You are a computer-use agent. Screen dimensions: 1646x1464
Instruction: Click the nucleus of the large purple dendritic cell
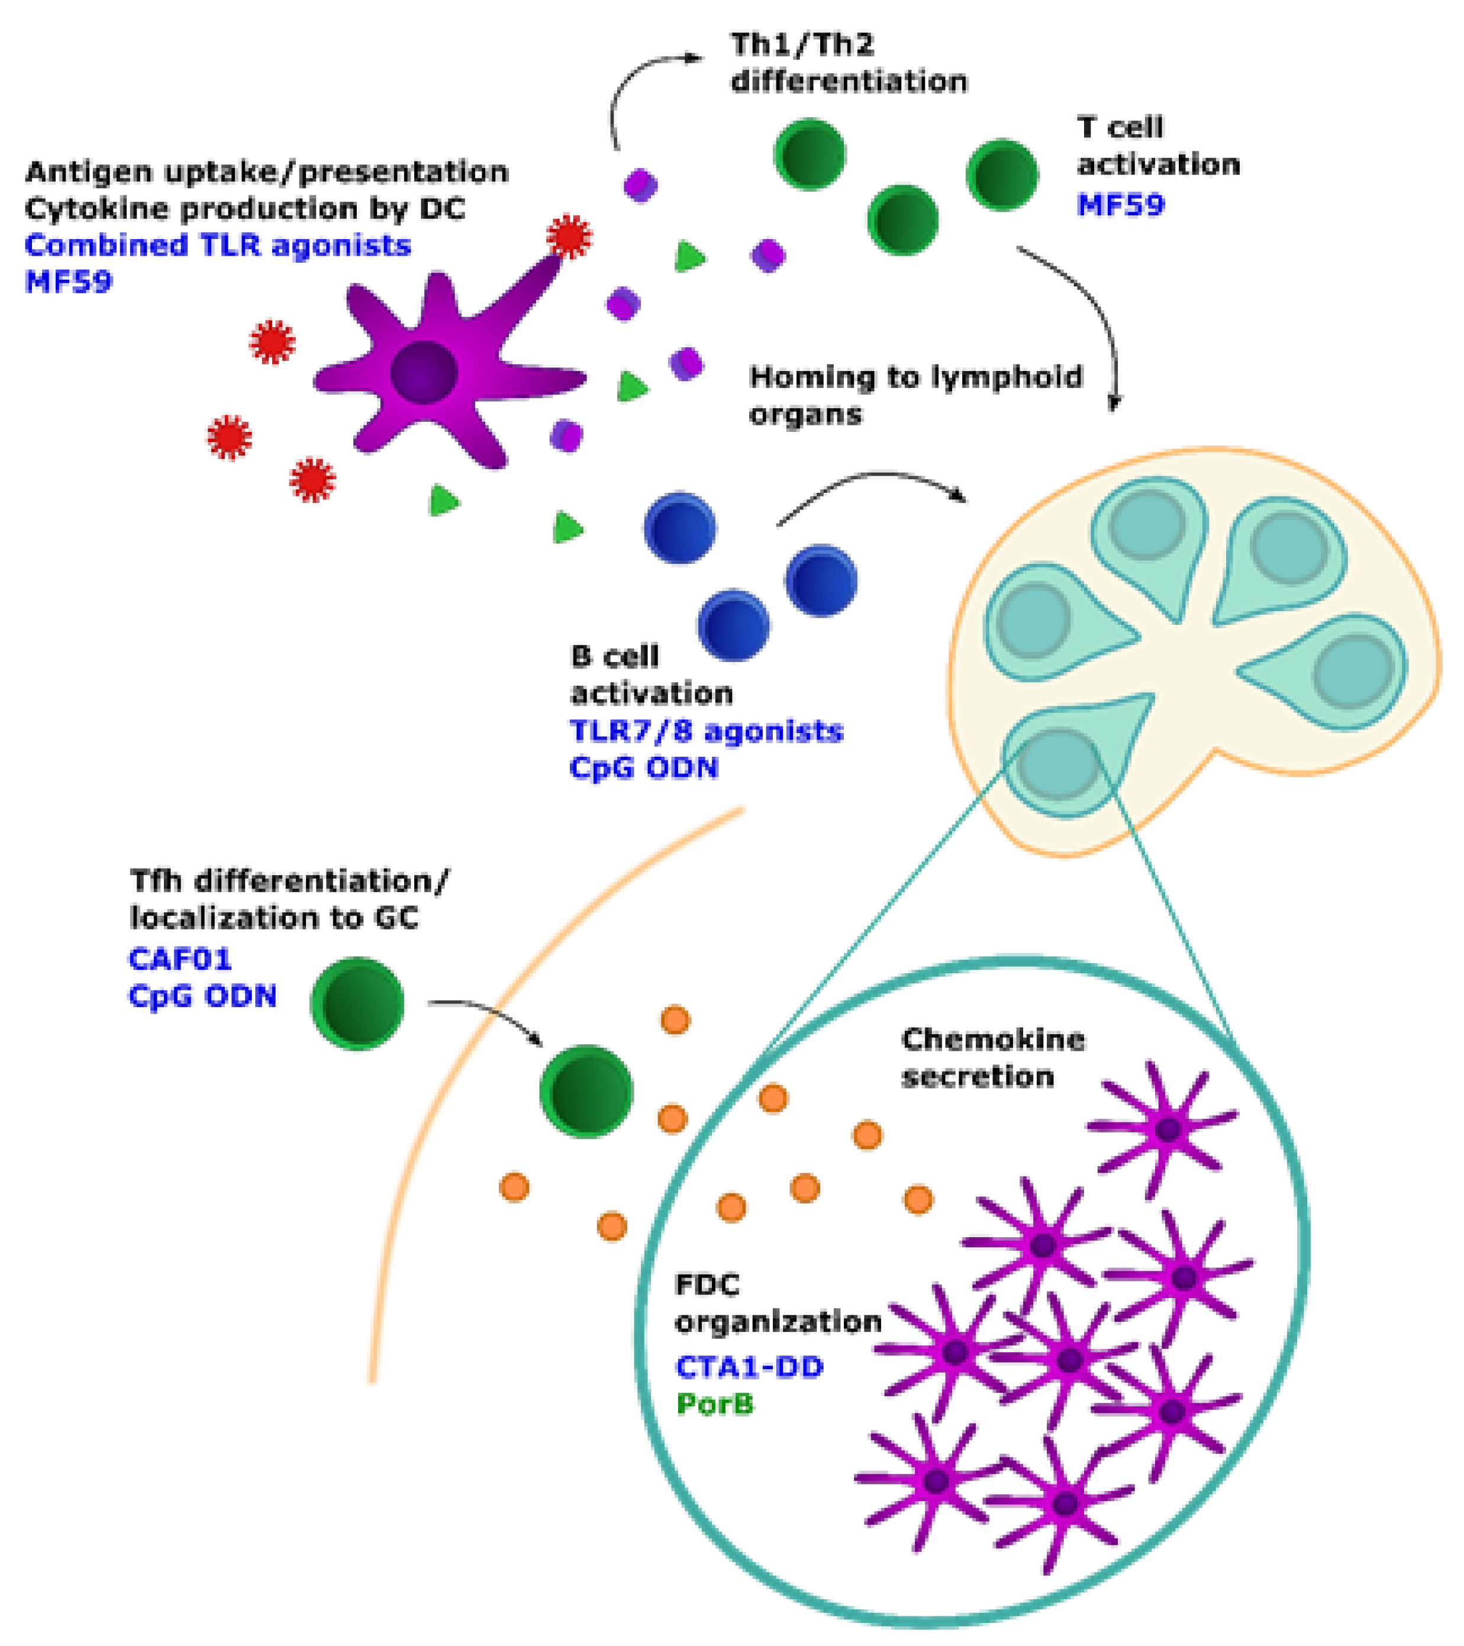[424, 372]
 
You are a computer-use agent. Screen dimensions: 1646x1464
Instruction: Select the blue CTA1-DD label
[749, 1367]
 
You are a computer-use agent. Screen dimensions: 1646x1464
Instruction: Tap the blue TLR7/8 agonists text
[706, 731]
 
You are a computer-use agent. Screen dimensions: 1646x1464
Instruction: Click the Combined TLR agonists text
[217, 245]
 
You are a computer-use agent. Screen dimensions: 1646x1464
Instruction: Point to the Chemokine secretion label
[992, 1057]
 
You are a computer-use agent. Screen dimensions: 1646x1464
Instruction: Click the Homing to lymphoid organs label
[915, 395]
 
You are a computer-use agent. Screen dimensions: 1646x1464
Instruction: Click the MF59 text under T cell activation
[1120, 205]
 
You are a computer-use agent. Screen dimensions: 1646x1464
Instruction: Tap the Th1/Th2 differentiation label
[848, 63]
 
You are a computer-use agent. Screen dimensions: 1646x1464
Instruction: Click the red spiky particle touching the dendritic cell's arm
[569, 237]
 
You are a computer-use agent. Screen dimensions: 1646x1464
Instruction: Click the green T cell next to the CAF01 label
[357, 1003]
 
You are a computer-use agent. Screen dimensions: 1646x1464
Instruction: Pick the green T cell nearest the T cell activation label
[1001, 175]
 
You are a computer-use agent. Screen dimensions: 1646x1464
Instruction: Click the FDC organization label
[777, 1303]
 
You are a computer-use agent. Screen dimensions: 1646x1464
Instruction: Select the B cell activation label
[651, 675]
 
